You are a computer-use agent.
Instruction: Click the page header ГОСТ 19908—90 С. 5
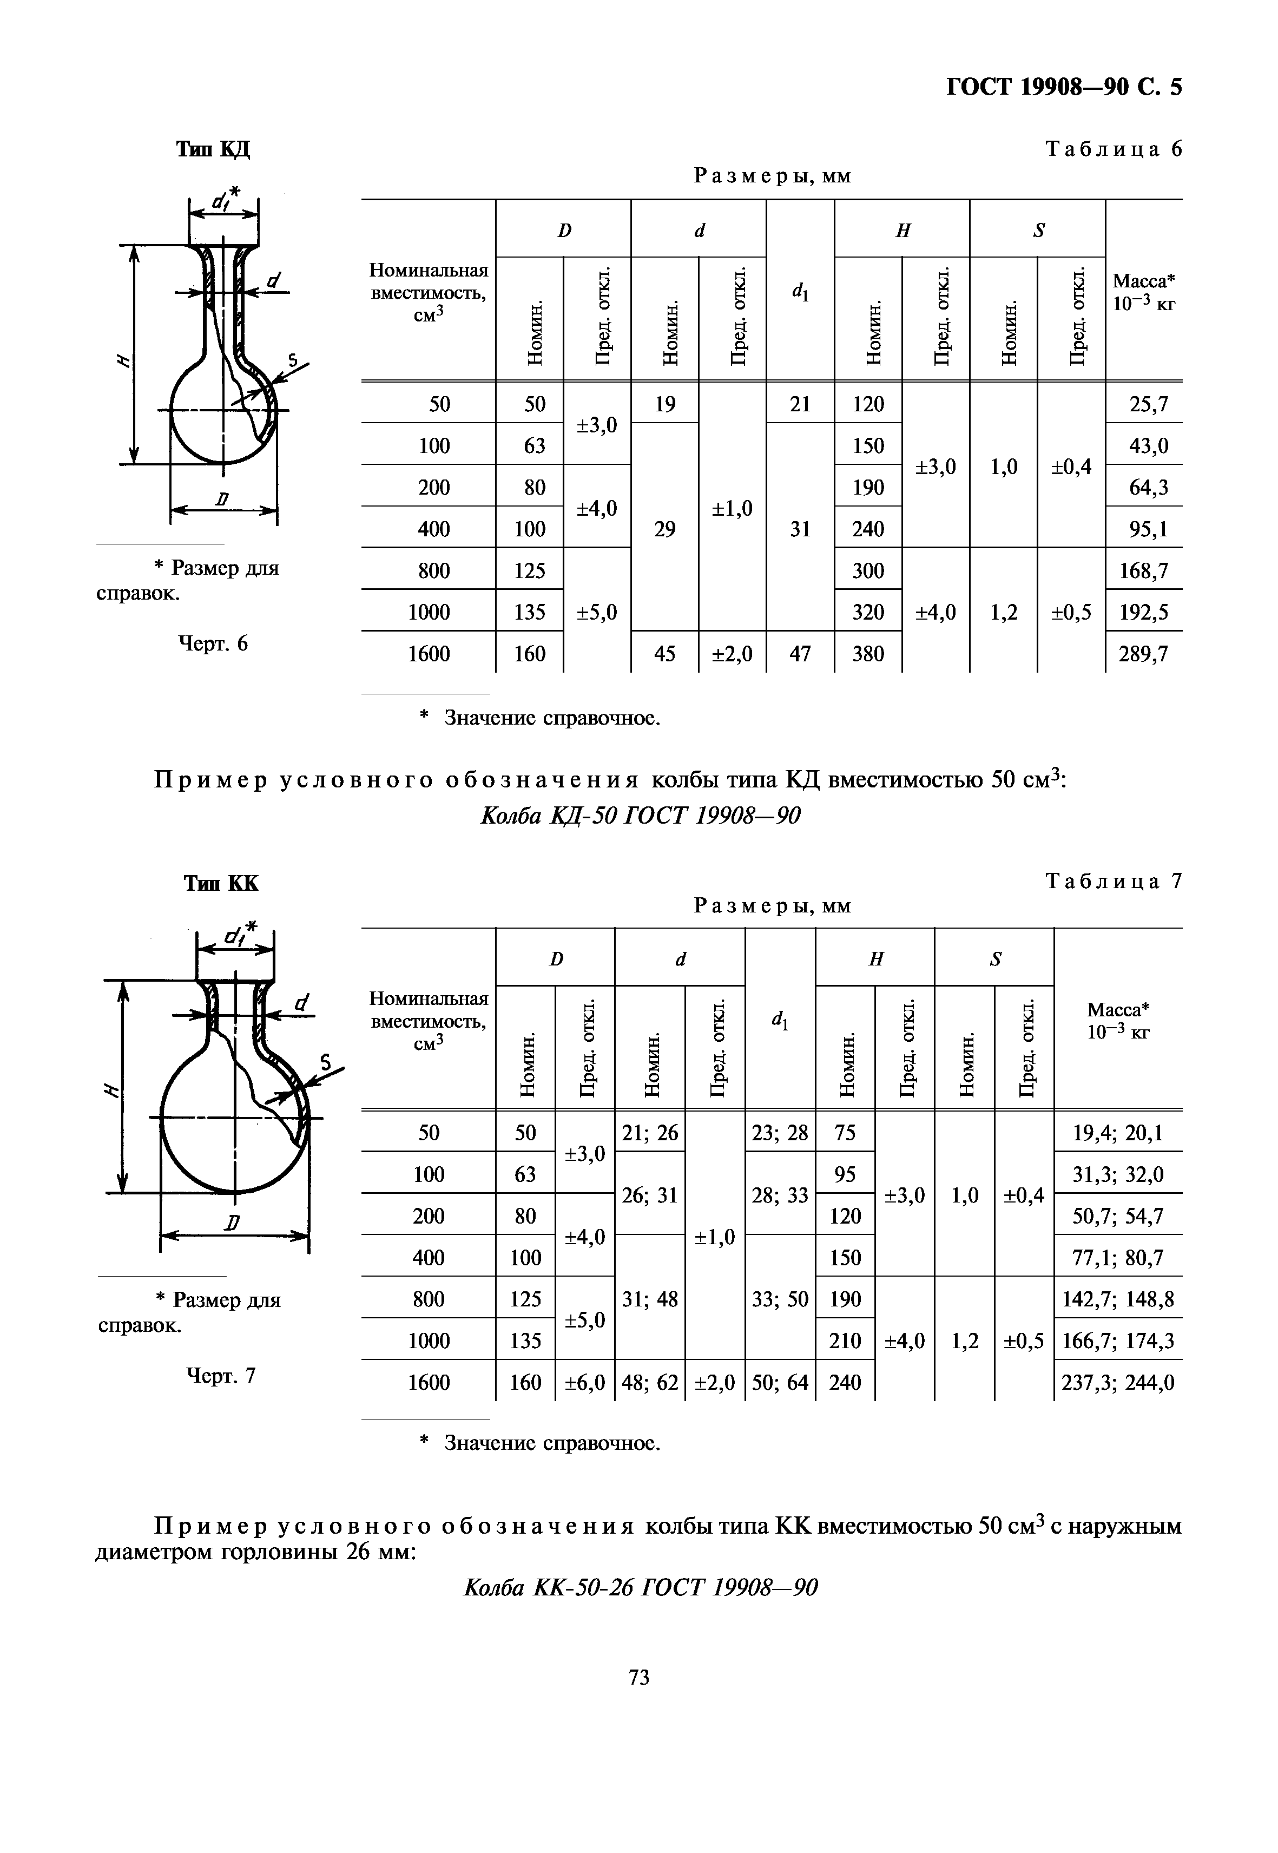pos(1063,87)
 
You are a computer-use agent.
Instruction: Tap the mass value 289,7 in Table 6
pos(1143,654)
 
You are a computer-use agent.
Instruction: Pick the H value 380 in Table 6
pos(868,654)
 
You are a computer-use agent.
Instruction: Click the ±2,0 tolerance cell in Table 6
pos(732,654)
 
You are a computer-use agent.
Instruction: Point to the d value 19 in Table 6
pos(664,404)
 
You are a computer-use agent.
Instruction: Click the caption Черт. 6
pos(213,644)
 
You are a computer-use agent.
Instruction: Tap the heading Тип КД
pos(213,149)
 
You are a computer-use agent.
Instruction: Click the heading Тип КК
pos(221,883)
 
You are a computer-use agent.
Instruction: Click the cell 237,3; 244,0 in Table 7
pos(1118,1383)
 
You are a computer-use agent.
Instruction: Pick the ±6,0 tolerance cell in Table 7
pos(584,1383)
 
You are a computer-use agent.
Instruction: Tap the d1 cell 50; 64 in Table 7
pos(780,1383)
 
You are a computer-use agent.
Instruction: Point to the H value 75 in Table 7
pos(845,1133)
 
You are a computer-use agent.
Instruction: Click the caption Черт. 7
pos(221,1376)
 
